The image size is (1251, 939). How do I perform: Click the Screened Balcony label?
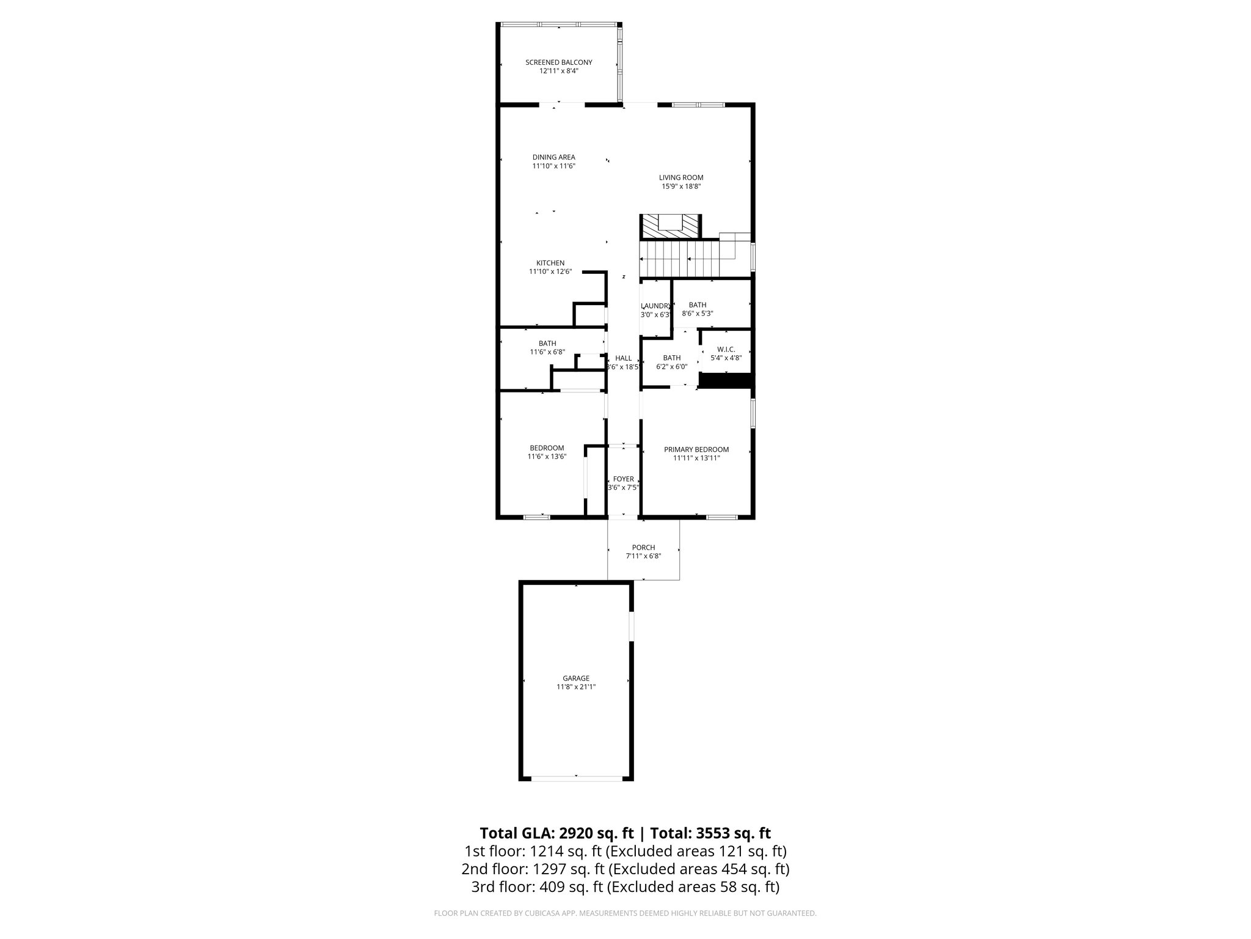[x=558, y=62]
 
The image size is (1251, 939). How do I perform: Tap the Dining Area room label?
[x=553, y=157]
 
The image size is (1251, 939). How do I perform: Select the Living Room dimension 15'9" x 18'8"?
[x=680, y=186]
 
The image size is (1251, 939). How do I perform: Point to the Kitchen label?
[x=550, y=263]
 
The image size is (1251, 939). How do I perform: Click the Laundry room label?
[x=656, y=306]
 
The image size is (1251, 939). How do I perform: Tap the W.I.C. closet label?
[x=726, y=349]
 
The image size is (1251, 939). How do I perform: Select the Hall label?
[x=623, y=358]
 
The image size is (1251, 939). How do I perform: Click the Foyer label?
[x=623, y=479]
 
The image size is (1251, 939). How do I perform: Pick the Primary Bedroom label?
[x=696, y=449]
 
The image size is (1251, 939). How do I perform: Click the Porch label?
[x=643, y=547]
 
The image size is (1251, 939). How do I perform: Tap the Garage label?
[x=576, y=678]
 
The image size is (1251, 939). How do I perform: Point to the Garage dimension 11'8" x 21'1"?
[x=576, y=687]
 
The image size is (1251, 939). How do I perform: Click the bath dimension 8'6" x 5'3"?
[x=698, y=314]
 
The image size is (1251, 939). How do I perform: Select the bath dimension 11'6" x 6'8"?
[x=547, y=352]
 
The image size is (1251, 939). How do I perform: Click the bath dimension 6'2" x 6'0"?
[x=671, y=367]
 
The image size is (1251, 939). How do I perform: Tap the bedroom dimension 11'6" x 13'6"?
[x=547, y=457]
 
